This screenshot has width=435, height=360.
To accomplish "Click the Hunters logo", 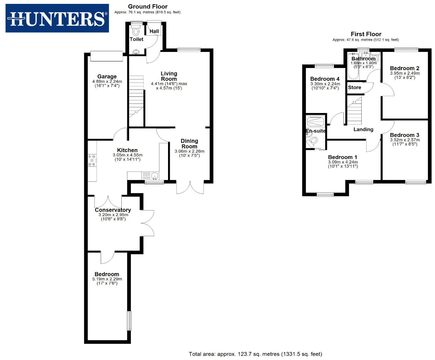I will pyautogui.click(x=57, y=18).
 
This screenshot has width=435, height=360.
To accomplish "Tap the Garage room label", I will pyautogui.click(x=107, y=76).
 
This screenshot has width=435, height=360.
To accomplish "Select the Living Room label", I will pyautogui.click(x=169, y=76).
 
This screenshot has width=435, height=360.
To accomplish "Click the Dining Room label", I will pyautogui.click(x=189, y=144).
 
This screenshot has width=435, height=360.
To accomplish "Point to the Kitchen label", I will pyautogui.click(x=127, y=150).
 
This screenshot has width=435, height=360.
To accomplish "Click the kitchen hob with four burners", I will pyautogui.click(x=92, y=160).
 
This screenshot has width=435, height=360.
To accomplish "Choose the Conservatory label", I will pyautogui.click(x=113, y=210).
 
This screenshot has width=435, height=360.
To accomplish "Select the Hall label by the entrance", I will pyautogui.click(x=154, y=31).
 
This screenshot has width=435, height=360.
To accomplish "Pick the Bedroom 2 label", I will pyautogui.click(x=404, y=68).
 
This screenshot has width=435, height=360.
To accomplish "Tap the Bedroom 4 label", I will pyautogui.click(x=325, y=79).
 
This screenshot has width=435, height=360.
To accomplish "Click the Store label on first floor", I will pyautogui.click(x=354, y=87).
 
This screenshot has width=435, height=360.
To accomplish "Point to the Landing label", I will pyautogui.click(x=363, y=129).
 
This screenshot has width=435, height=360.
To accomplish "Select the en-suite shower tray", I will pyautogui.click(x=316, y=122).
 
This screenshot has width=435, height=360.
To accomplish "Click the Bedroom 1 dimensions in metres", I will pyautogui.click(x=343, y=162).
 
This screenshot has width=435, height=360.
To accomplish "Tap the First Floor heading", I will pyautogui.click(x=366, y=34).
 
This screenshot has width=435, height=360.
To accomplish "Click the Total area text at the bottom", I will pyautogui.click(x=255, y=354).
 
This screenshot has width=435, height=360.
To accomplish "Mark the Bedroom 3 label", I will pyautogui.click(x=404, y=135).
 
